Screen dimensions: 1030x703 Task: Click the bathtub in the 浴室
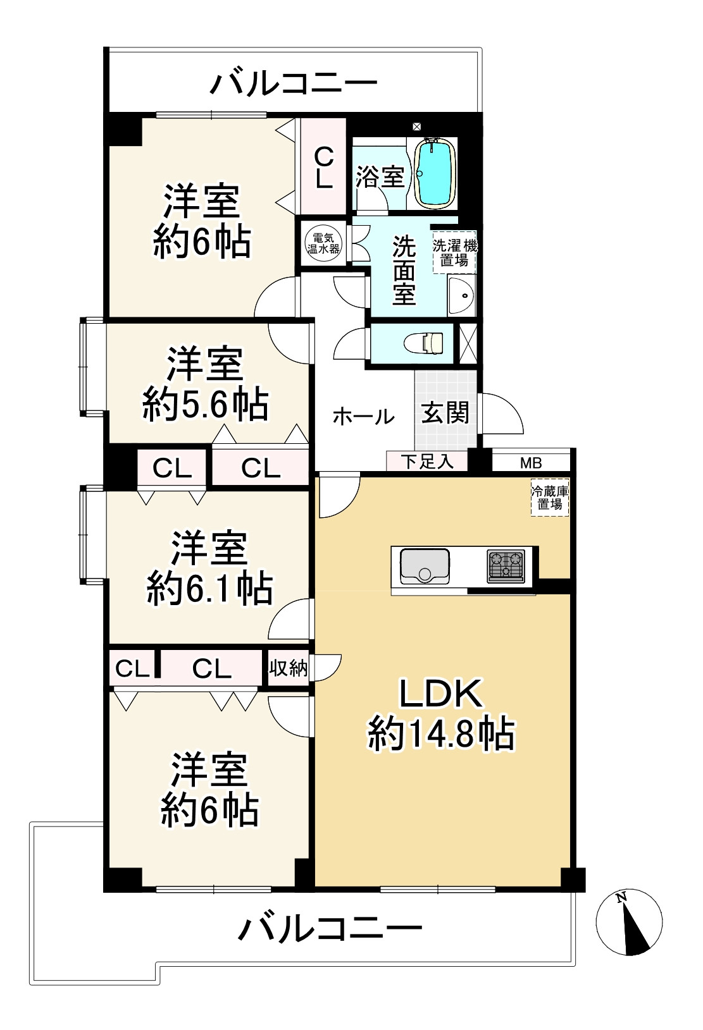[x=435, y=173]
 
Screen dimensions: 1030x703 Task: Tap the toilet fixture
[x=425, y=343]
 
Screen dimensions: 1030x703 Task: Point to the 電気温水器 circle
[x=323, y=243]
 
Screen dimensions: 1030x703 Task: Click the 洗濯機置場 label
[x=454, y=252]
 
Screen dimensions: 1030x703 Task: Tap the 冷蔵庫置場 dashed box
[x=549, y=498]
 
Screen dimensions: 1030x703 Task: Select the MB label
[x=531, y=463]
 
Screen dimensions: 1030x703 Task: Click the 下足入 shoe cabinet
[x=427, y=461]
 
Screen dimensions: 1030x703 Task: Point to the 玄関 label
[x=445, y=413]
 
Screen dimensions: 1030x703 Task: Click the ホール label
[x=363, y=417]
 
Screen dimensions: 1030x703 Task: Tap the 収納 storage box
[x=288, y=668]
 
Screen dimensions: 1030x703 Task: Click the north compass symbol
[x=629, y=921]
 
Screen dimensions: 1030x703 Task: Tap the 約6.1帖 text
[x=209, y=589]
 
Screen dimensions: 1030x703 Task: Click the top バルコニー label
[x=294, y=83]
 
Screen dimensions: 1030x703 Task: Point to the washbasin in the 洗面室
[x=462, y=295]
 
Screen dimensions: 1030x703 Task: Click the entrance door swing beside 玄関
[x=502, y=414]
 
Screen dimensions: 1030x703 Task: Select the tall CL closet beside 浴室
[x=323, y=166]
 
